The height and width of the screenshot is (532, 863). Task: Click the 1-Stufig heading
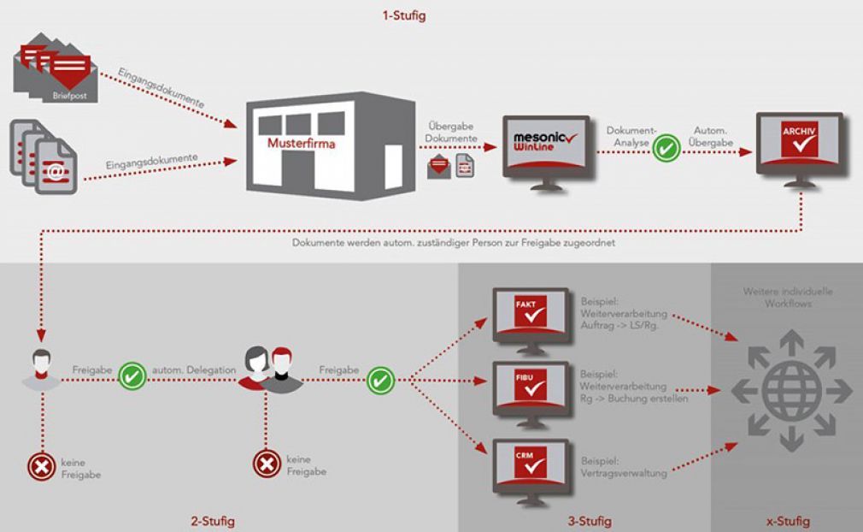(x=404, y=15)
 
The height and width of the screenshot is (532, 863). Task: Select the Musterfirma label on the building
(x=301, y=143)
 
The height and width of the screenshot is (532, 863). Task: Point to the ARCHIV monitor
(x=800, y=149)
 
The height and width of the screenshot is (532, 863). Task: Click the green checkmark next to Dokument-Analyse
(x=666, y=148)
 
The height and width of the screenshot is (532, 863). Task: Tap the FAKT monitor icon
(x=531, y=319)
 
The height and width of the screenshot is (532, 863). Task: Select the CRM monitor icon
(x=531, y=472)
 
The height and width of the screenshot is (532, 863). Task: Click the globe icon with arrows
(x=791, y=391)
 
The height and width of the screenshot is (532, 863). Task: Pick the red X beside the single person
(x=42, y=467)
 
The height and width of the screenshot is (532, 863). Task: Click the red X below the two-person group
(x=267, y=464)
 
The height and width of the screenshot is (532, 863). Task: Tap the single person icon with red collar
(x=41, y=369)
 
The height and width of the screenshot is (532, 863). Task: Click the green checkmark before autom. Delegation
(x=132, y=375)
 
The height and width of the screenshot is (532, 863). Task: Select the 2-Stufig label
(x=213, y=520)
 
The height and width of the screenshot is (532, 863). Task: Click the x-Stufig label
(x=788, y=520)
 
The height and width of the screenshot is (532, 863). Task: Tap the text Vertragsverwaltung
(x=624, y=473)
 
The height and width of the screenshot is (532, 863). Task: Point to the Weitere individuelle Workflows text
(x=788, y=298)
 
